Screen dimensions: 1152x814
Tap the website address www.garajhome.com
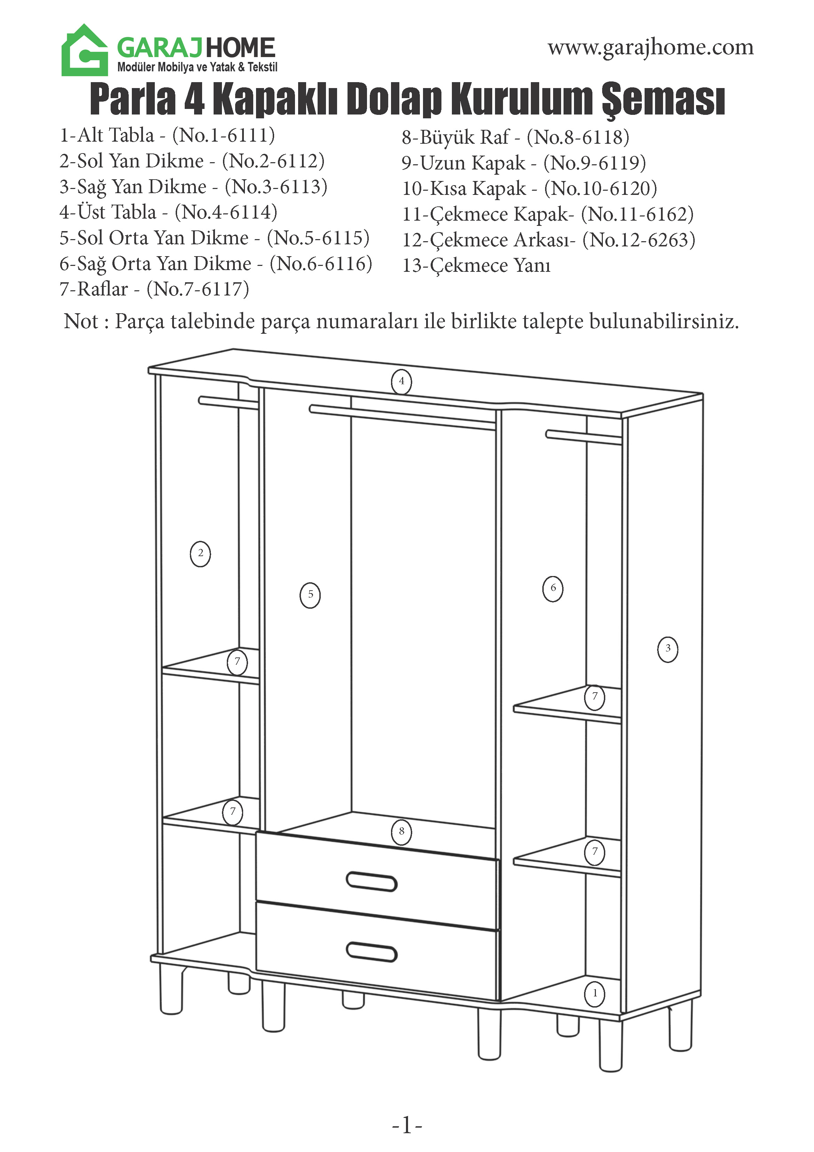(x=650, y=48)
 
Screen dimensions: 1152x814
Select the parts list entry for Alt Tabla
(x=167, y=135)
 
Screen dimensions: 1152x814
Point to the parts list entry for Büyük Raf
(x=515, y=137)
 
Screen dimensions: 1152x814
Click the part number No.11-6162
(x=637, y=214)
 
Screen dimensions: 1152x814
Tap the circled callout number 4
(x=401, y=381)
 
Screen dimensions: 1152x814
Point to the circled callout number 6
(x=553, y=588)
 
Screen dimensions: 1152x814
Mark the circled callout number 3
(x=668, y=649)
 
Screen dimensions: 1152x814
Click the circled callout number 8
(x=401, y=832)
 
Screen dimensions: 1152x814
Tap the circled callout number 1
(x=595, y=993)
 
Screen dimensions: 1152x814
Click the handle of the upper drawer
(x=372, y=882)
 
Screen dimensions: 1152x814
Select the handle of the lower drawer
(x=372, y=952)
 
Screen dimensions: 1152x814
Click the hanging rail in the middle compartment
(x=401, y=417)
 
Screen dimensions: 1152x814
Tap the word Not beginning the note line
(x=81, y=321)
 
